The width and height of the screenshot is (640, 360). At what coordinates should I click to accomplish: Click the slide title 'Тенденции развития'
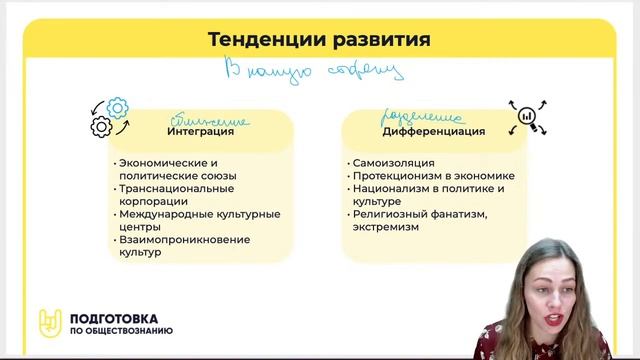[x=319, y=41]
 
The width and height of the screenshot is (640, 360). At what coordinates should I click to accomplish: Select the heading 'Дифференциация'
[x=434, y=131]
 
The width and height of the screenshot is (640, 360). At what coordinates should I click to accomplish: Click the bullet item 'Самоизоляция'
[x=393, y=162]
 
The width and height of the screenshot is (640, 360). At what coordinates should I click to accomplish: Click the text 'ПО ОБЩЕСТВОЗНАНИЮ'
[x=121, y=331]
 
